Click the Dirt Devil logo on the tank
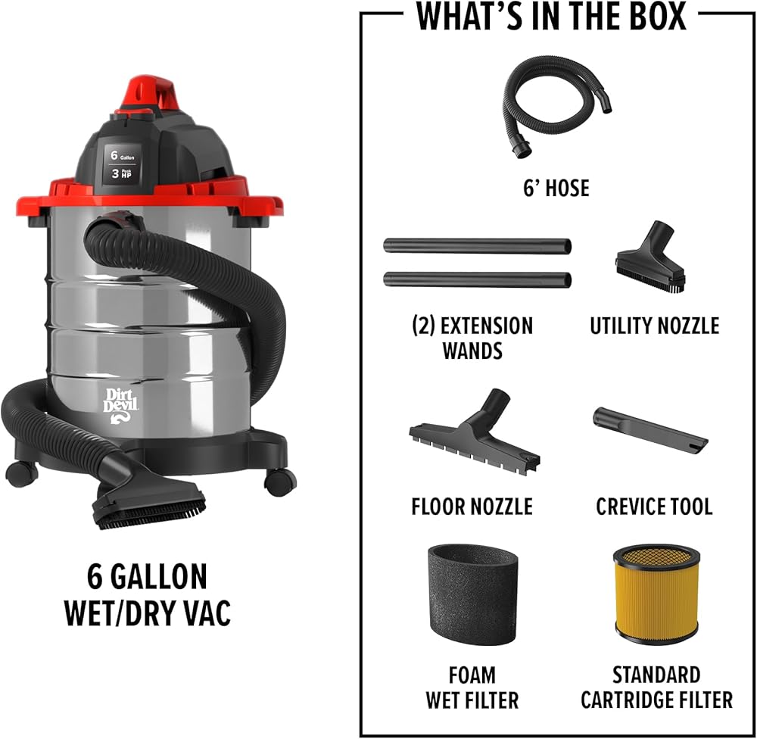point(120,405)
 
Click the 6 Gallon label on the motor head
point(122,155)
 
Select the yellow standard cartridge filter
point(656,594)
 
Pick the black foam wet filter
point(472,594)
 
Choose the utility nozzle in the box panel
point(651,257)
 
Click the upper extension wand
point(478,245)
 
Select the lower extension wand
point(478,279)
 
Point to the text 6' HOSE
point(556,188)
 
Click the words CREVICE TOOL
point(654,507)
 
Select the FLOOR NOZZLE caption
point(472,507)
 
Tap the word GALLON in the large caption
point(159,576)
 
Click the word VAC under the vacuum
point(208,613)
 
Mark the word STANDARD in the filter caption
point(656,675)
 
